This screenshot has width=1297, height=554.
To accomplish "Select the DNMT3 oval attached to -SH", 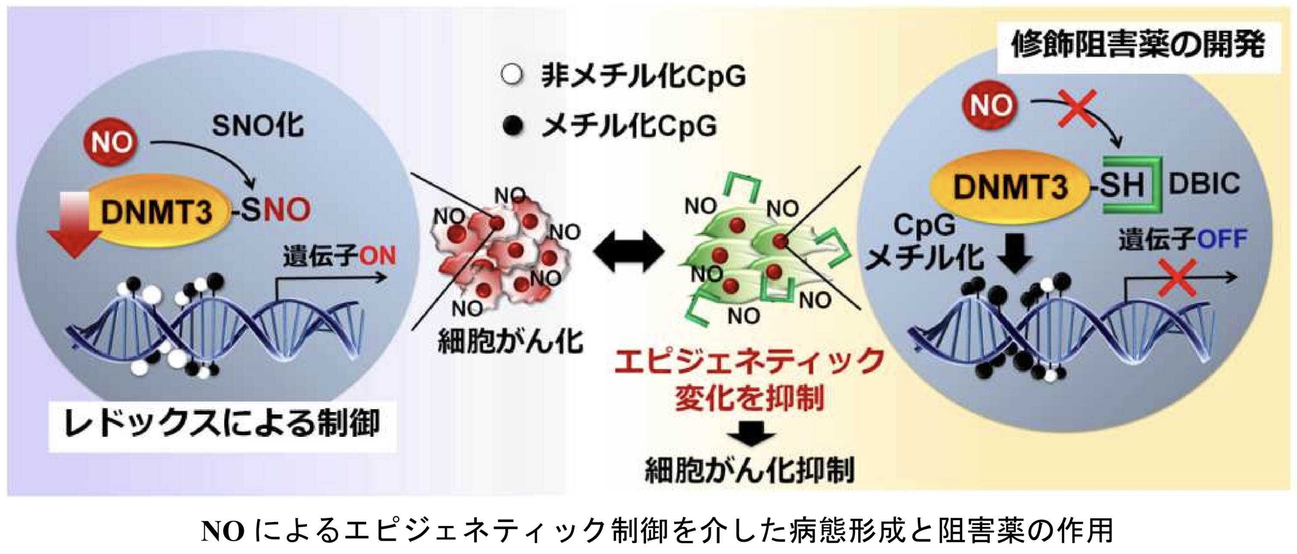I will coord(1009,186).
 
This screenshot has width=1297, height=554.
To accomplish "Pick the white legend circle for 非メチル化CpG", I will coord(513,76).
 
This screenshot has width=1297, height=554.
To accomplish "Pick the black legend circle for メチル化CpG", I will coord(513,125).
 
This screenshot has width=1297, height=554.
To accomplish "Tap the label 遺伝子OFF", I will coord(1182,239).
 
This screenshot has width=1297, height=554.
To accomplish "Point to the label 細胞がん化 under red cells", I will coord(510,342).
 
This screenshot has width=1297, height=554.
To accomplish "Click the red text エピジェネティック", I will coord(749,362).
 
